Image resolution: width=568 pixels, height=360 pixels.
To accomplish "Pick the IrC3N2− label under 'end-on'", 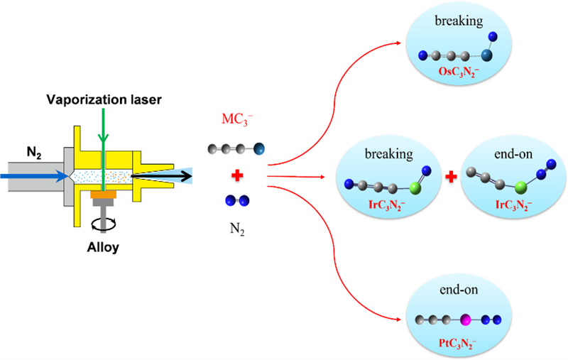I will tap(505, 206).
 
